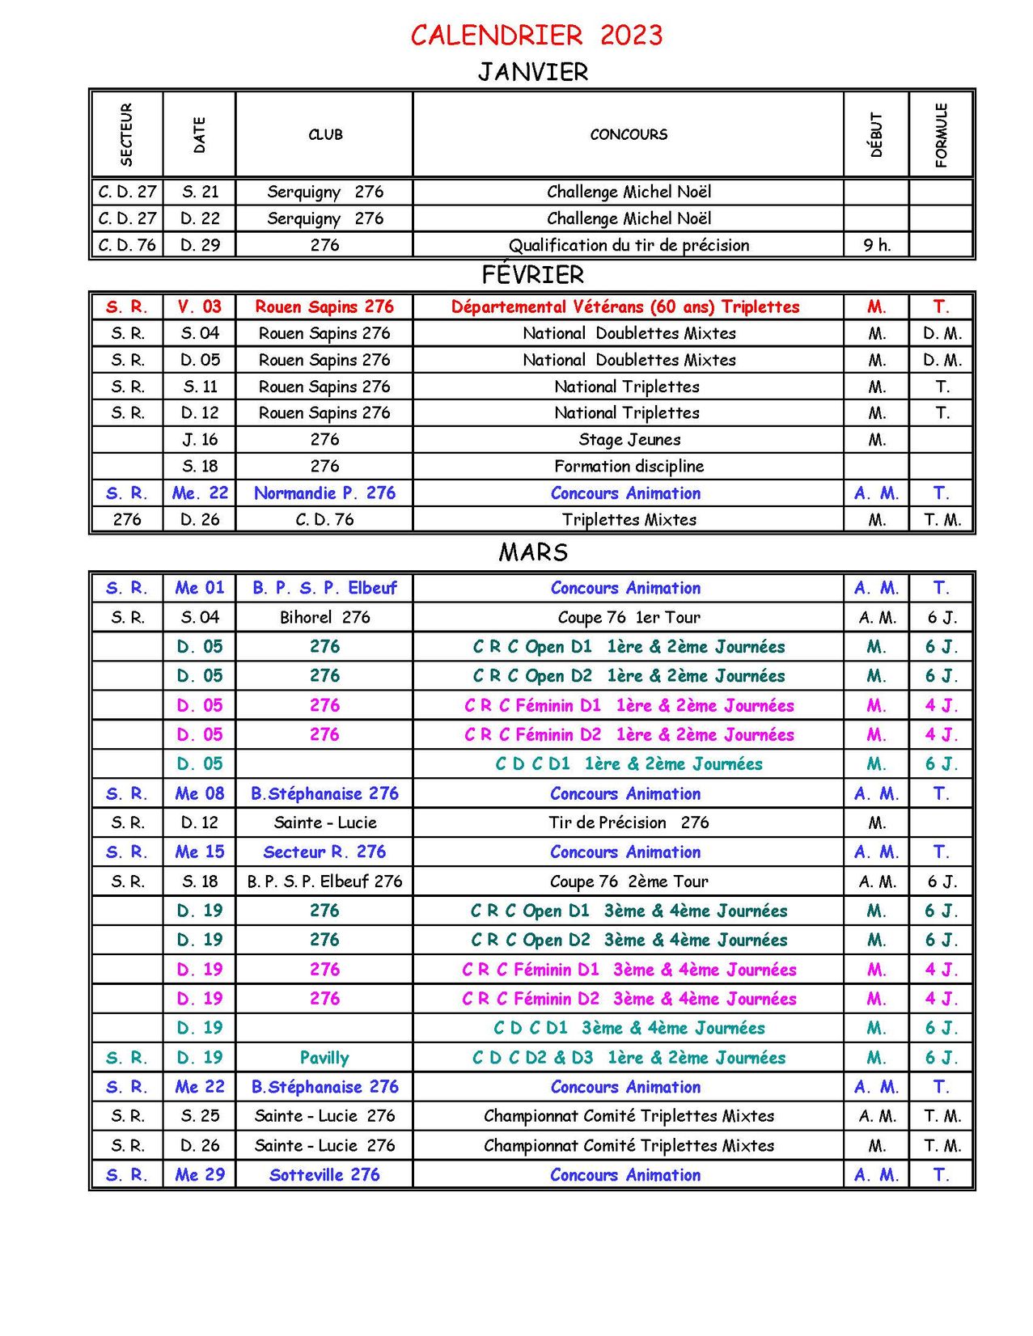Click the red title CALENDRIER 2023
click(x=536, y=35)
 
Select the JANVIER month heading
click(x=533, y=72)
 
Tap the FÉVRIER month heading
click(x=533, y=275)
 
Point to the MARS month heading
click(x=533, y=552)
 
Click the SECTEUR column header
click(x=126, y=134)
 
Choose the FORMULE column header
click(x=941, y=134)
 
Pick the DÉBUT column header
click(x=876, y=134)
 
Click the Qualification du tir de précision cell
click(x=629, y=245)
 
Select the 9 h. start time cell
click(x=877, y=245)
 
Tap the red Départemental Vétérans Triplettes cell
click(x=625, y=307)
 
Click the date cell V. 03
click(x=200, y=307)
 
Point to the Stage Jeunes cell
click(x=629, y=439)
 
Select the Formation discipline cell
click(x=629, y=466)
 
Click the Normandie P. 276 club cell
click(x=324, y=493)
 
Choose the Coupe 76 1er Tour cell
click(x=629, y=617)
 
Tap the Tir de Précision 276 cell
click(x=629, y=822)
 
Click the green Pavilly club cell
click(x=324, y=1058)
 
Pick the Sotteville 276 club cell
click(x=324, y=1175)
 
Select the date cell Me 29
click(x=200, y=1175)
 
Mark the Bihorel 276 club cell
click(x=324, y=617)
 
